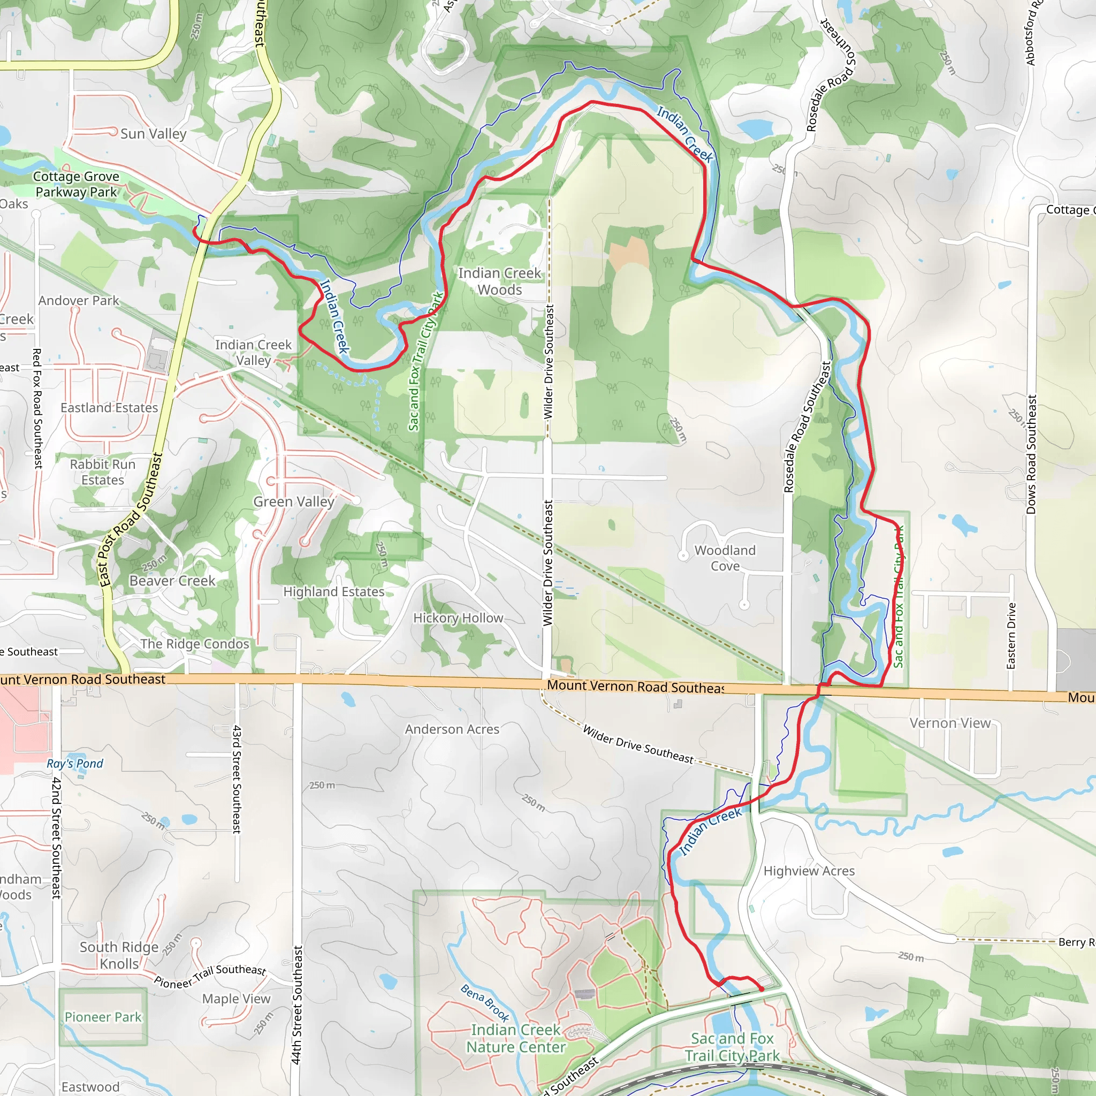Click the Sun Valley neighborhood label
point(153,134)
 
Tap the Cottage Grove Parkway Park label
point(76,185)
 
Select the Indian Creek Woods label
point(499,281)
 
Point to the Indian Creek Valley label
point(253,352)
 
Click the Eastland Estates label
point(109,408)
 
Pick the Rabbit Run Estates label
point(103,472)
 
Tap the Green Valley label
point(293,501)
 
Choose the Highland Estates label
point(333,592)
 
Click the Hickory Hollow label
point(458,618)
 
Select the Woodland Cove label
point(725,558)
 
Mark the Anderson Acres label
point(452,729)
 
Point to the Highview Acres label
point(809,871)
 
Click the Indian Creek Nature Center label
point(515,1038)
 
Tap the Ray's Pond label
point(75,764)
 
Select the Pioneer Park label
point(103,1017)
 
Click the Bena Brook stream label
point(484,1003)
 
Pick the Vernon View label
point(950,724)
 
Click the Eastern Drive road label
point(1010,635)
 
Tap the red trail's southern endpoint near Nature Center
point(762,989)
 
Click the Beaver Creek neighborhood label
point(172,581)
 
